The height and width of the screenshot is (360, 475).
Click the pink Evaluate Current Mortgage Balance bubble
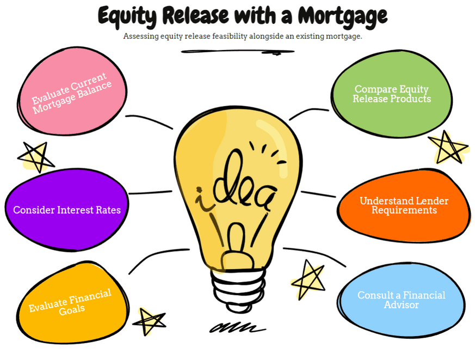(x=72, y=91)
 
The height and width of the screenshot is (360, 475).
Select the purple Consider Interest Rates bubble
(x=66, y=210)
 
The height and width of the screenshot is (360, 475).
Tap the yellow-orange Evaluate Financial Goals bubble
(x=72, y=303)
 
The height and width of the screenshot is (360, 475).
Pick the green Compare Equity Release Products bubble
(x=391, y=94)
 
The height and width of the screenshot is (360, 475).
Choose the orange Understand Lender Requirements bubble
(x=404, y=205)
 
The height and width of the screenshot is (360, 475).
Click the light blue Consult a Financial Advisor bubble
(x=401, y=300)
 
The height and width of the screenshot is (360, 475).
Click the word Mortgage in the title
(x=342, y=16)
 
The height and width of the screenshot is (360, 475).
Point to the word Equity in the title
(x=127, y=16)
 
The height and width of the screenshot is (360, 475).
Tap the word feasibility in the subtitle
(x=230, y=36)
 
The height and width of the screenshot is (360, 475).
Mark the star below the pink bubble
(x=36, y=156)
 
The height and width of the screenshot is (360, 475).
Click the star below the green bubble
(x=448, y=148)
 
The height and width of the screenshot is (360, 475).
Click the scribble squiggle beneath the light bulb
(x=237, y=327)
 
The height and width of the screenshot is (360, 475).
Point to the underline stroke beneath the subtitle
(x=238, y=52)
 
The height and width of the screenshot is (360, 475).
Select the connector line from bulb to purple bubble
(x=151, y=193)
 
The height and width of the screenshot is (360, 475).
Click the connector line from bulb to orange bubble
(x=318, y=194)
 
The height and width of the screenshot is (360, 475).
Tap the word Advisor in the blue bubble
(x=401, y=304)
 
